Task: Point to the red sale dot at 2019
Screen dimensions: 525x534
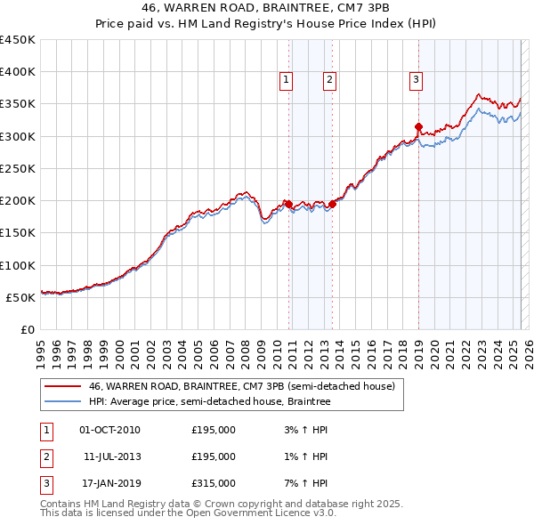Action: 418,127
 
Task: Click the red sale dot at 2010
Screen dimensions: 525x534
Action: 288,204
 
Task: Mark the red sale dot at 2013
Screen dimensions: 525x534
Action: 332,204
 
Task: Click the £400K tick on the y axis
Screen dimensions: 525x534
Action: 18,72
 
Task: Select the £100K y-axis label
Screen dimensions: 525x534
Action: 18,265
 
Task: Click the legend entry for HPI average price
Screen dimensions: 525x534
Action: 209,402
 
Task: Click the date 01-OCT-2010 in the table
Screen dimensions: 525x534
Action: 109,430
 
